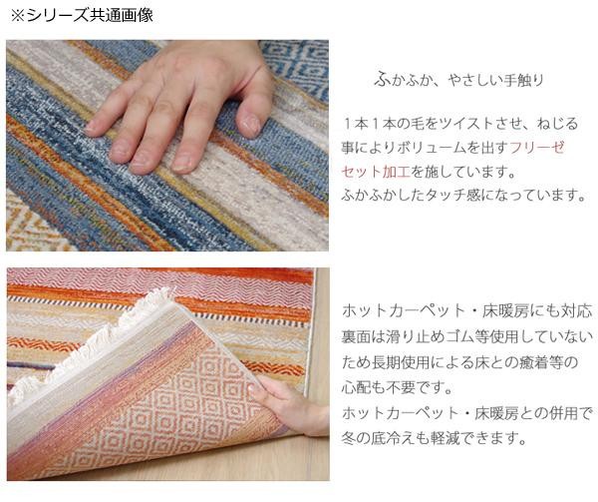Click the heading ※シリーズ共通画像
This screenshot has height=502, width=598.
pyautogui.click(x=82, y=15)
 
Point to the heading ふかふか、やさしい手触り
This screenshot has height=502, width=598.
pyautogui.click(x=458, y=80)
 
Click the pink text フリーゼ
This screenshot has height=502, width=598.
pyautogui.click(x=536, y=148)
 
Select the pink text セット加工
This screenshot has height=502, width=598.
pyautogui.click(x=376, y=172)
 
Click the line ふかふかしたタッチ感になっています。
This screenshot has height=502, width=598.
pyautogui.click(x=463, y=196)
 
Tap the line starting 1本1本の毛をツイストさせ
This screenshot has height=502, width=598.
pyautogui.click(x=460, y=124)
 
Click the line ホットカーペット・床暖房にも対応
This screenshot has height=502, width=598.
pyautogui.click(x=467, y=311)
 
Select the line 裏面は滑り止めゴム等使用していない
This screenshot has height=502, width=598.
pyautogui.click(x=467, y=336)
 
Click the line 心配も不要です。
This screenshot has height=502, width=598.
pyautogui.click(x=397, y=387)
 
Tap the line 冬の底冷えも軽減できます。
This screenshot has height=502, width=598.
pyautogui.click(x=434, y=438)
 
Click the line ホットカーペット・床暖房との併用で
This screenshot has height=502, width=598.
pyautogui.click(x=467, y=413)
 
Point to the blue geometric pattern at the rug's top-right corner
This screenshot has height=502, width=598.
pyautogui.click(x=297, y=65)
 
